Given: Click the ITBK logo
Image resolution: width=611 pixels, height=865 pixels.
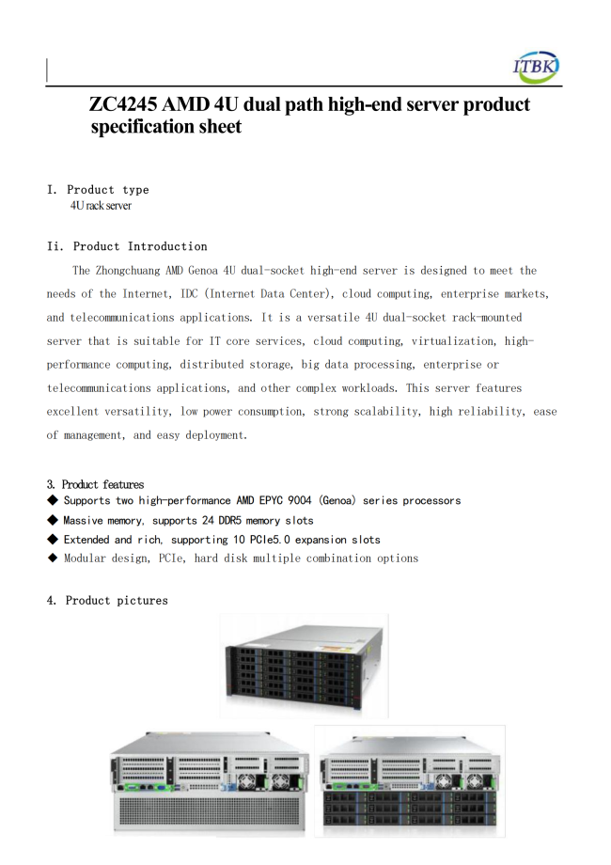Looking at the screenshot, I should click(x=536, y=65).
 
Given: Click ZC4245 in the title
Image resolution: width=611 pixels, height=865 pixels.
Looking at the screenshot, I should click(x=129, y=104).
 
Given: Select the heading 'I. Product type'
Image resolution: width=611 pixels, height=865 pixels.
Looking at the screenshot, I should click(x=98, y=190).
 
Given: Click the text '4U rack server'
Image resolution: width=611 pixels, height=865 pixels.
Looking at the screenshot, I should click(x=100, y=205).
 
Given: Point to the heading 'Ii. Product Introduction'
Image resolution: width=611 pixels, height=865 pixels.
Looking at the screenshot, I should click(x=127, y=246).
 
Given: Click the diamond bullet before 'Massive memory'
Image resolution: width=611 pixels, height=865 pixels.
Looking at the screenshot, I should click(x=53, y=520).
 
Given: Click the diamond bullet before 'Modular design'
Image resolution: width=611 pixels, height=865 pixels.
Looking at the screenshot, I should click(x=53, y=558).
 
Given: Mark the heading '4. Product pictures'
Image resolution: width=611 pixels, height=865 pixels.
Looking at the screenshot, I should click(x=107, y=601).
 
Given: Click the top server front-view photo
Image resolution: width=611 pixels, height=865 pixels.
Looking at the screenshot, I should click(x=305, y=666).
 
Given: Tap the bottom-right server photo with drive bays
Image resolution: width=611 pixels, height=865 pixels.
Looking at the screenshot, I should click(x=410, y=780).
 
